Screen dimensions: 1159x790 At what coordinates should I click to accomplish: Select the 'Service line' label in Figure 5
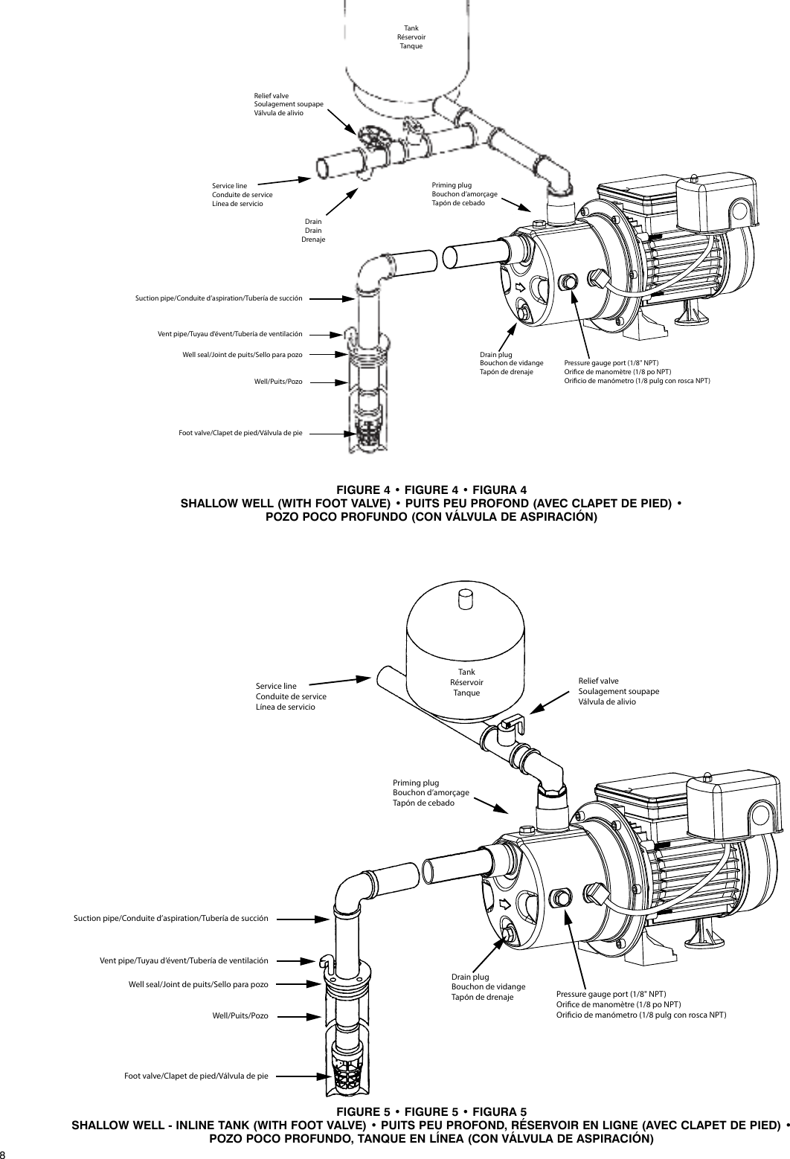click(291, 696)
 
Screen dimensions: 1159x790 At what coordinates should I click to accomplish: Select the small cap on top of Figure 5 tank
click(465, 599)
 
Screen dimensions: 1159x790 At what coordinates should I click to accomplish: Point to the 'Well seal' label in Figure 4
click(242, 354)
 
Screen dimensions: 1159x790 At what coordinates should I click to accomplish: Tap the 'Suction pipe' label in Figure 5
click(170, 919)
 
